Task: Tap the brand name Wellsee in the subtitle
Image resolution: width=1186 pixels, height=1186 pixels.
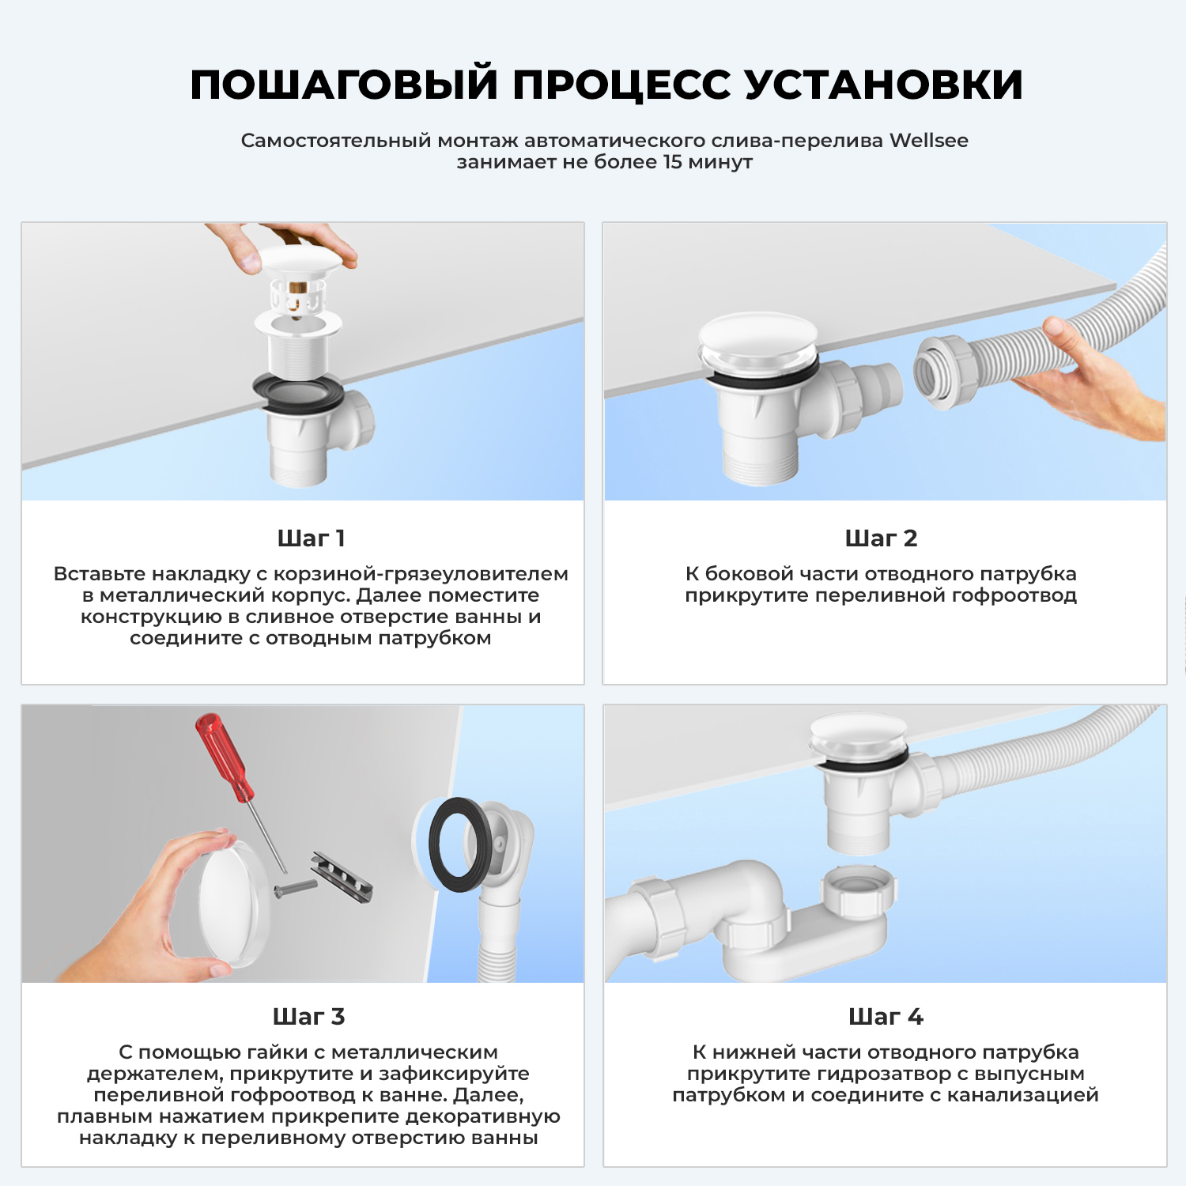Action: point(928,141)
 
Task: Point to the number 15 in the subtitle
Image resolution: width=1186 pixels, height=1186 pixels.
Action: point(672,162)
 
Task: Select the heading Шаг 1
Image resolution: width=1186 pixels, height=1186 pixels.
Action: point(311,538)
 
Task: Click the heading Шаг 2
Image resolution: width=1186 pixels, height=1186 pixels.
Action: point(881,538)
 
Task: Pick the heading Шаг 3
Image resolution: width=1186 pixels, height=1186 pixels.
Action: point(308,1017)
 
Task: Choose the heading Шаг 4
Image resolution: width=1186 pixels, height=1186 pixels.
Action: point(886,1017)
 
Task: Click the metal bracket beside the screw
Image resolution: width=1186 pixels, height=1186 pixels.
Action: point(342,878)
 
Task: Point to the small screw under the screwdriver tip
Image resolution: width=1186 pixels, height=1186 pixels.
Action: point(294,888)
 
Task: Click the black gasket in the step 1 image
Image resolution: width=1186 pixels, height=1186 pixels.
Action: point(299,392)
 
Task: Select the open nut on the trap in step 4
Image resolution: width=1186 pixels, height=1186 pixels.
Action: point(859,890)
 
